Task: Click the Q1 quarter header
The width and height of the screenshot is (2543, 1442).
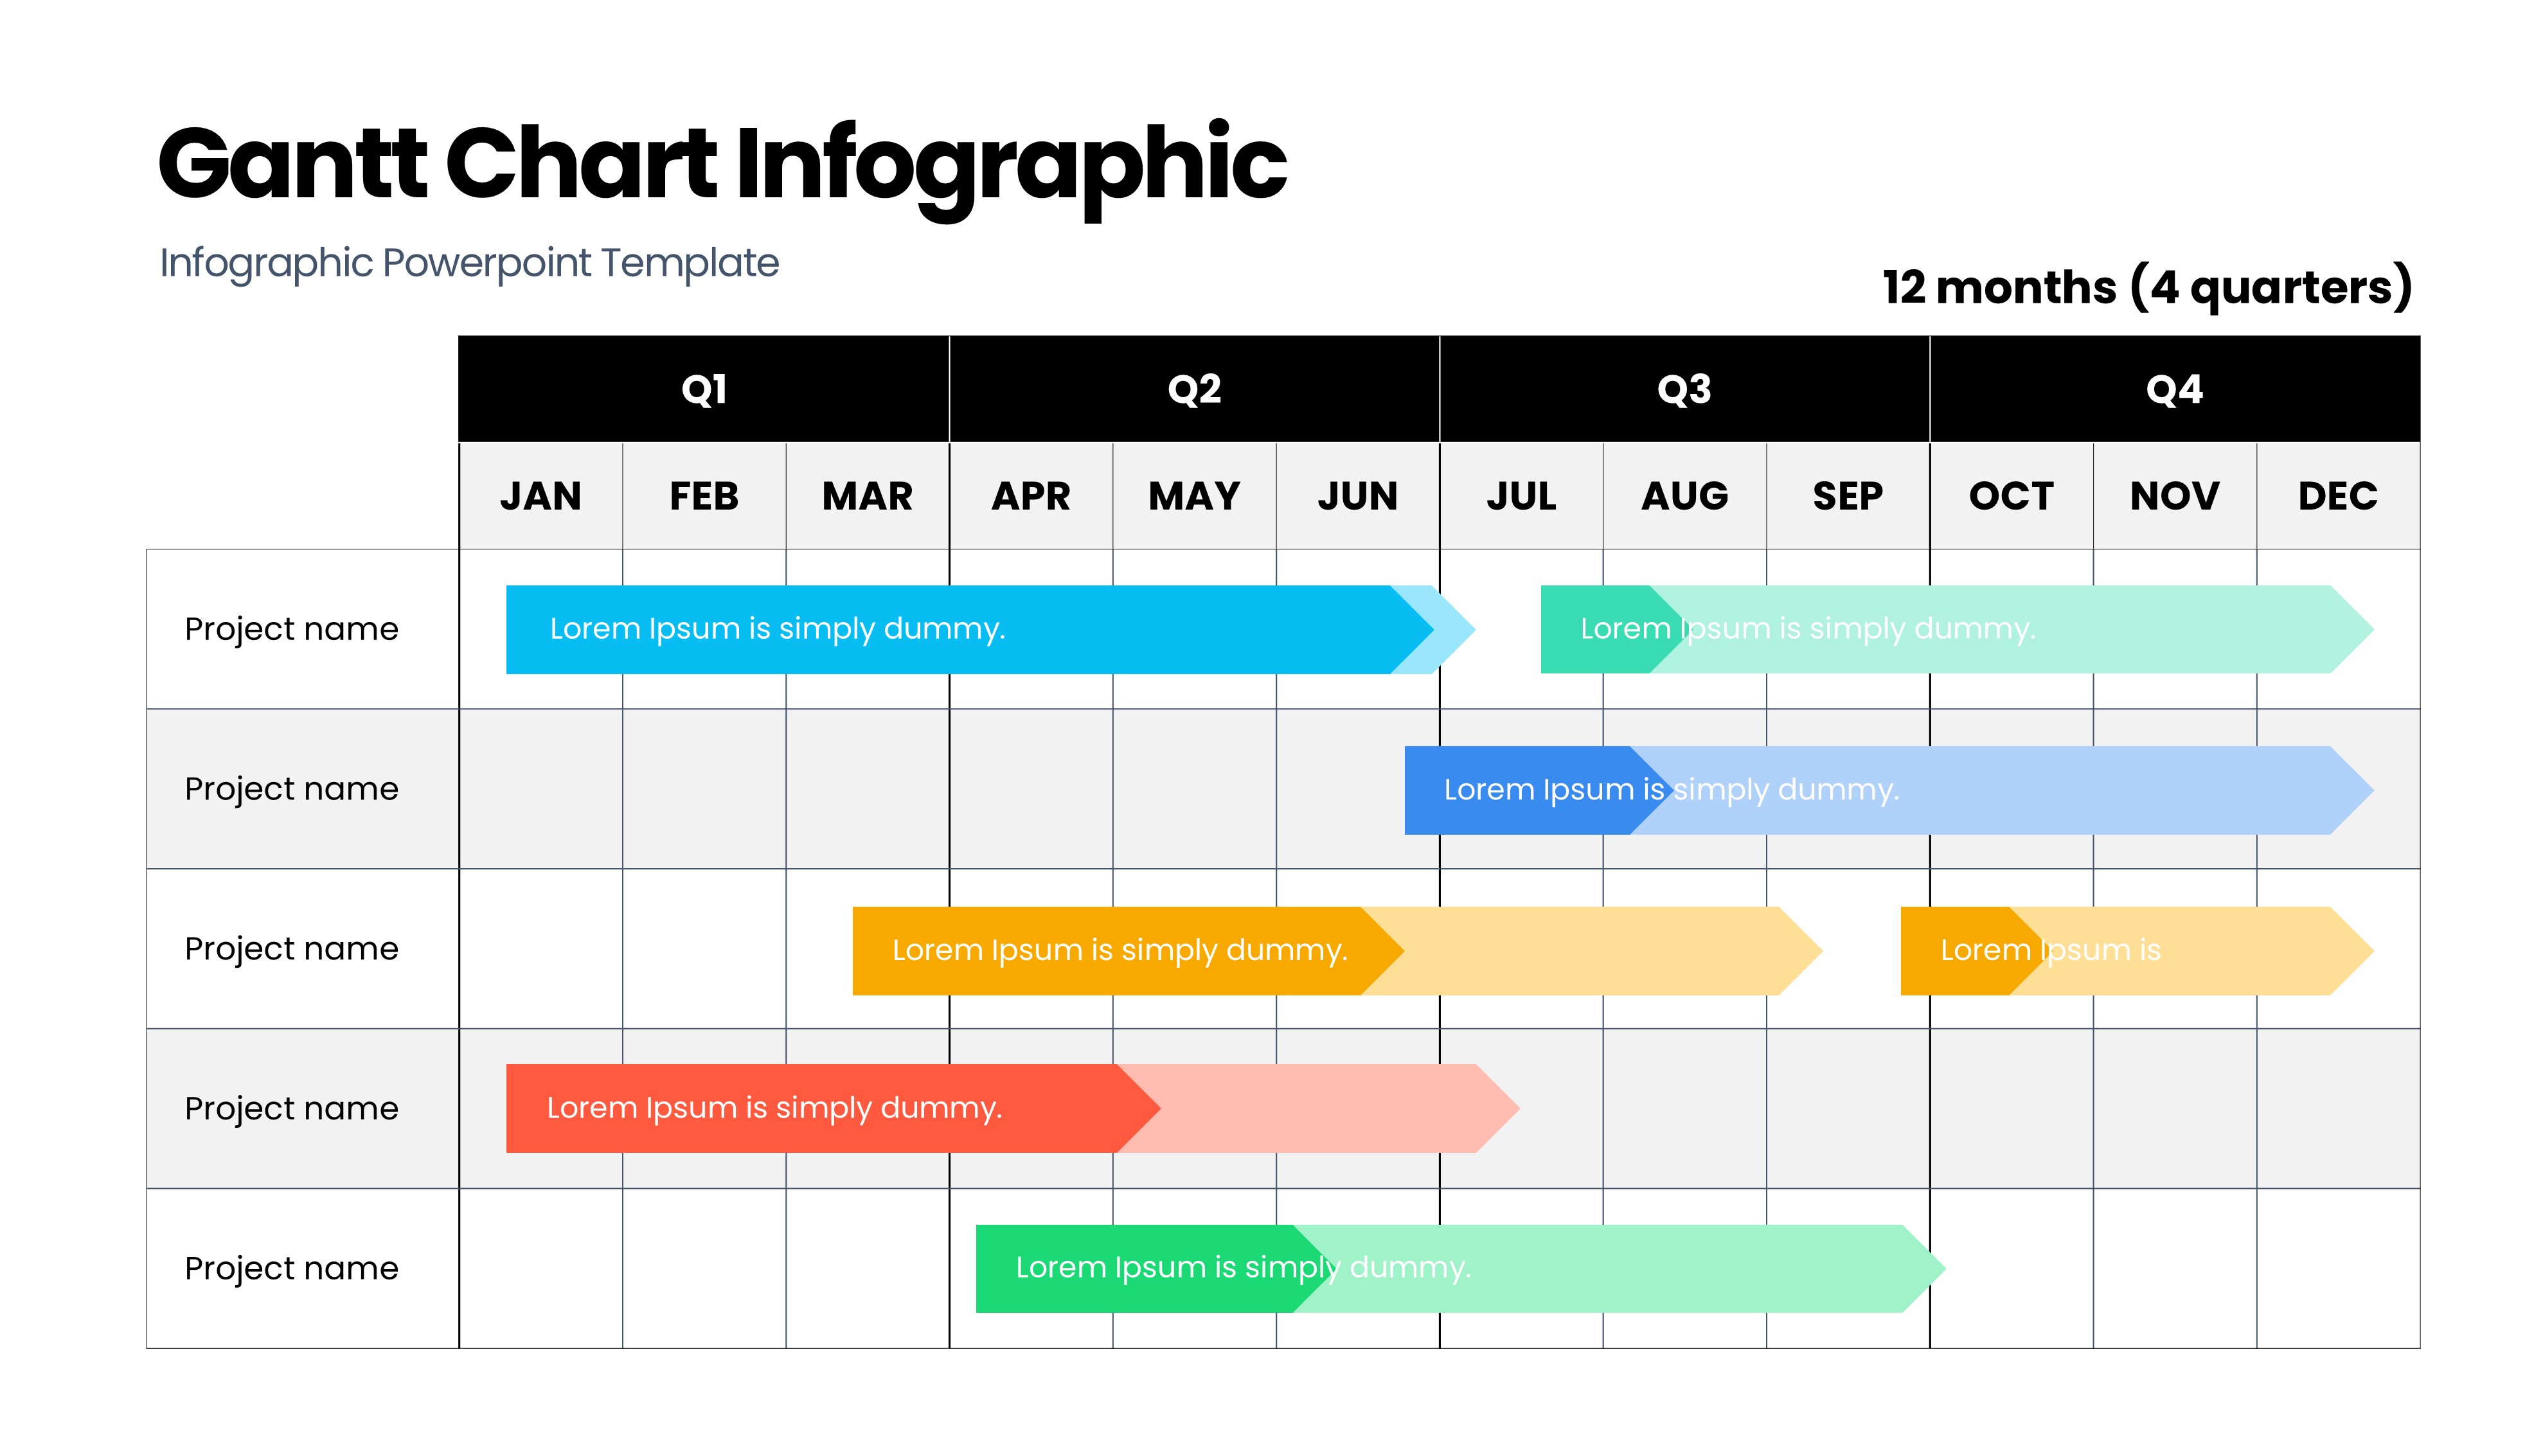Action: pos(704,389)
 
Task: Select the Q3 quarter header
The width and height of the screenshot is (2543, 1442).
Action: pos(1684,389)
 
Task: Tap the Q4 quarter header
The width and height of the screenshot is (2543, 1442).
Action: pos(2175,389)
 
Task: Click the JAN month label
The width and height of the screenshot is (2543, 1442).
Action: pos(540,496)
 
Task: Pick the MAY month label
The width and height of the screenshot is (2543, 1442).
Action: pos(1194,496)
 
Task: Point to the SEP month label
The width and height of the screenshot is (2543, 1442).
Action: pos(1848,496)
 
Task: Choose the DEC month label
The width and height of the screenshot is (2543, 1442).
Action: pos(2338,496)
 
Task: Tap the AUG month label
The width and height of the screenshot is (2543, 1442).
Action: pos(1684,496)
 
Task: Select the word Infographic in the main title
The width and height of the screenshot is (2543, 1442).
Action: pos(1011,168)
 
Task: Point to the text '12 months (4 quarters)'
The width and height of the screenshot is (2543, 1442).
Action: pos(2147,287)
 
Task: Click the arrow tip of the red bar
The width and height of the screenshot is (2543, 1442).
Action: pos(1518,1108)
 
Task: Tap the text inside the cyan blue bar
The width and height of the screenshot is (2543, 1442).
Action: pos(778,629)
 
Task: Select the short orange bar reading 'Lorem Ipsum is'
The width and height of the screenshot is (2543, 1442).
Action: pos(2137,951)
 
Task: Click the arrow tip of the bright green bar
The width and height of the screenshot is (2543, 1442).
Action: pos(1945,1268)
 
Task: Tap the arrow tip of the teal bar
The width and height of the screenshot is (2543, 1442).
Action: pos(2373,630)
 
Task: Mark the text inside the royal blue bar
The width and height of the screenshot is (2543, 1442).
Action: pos(1670,790)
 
